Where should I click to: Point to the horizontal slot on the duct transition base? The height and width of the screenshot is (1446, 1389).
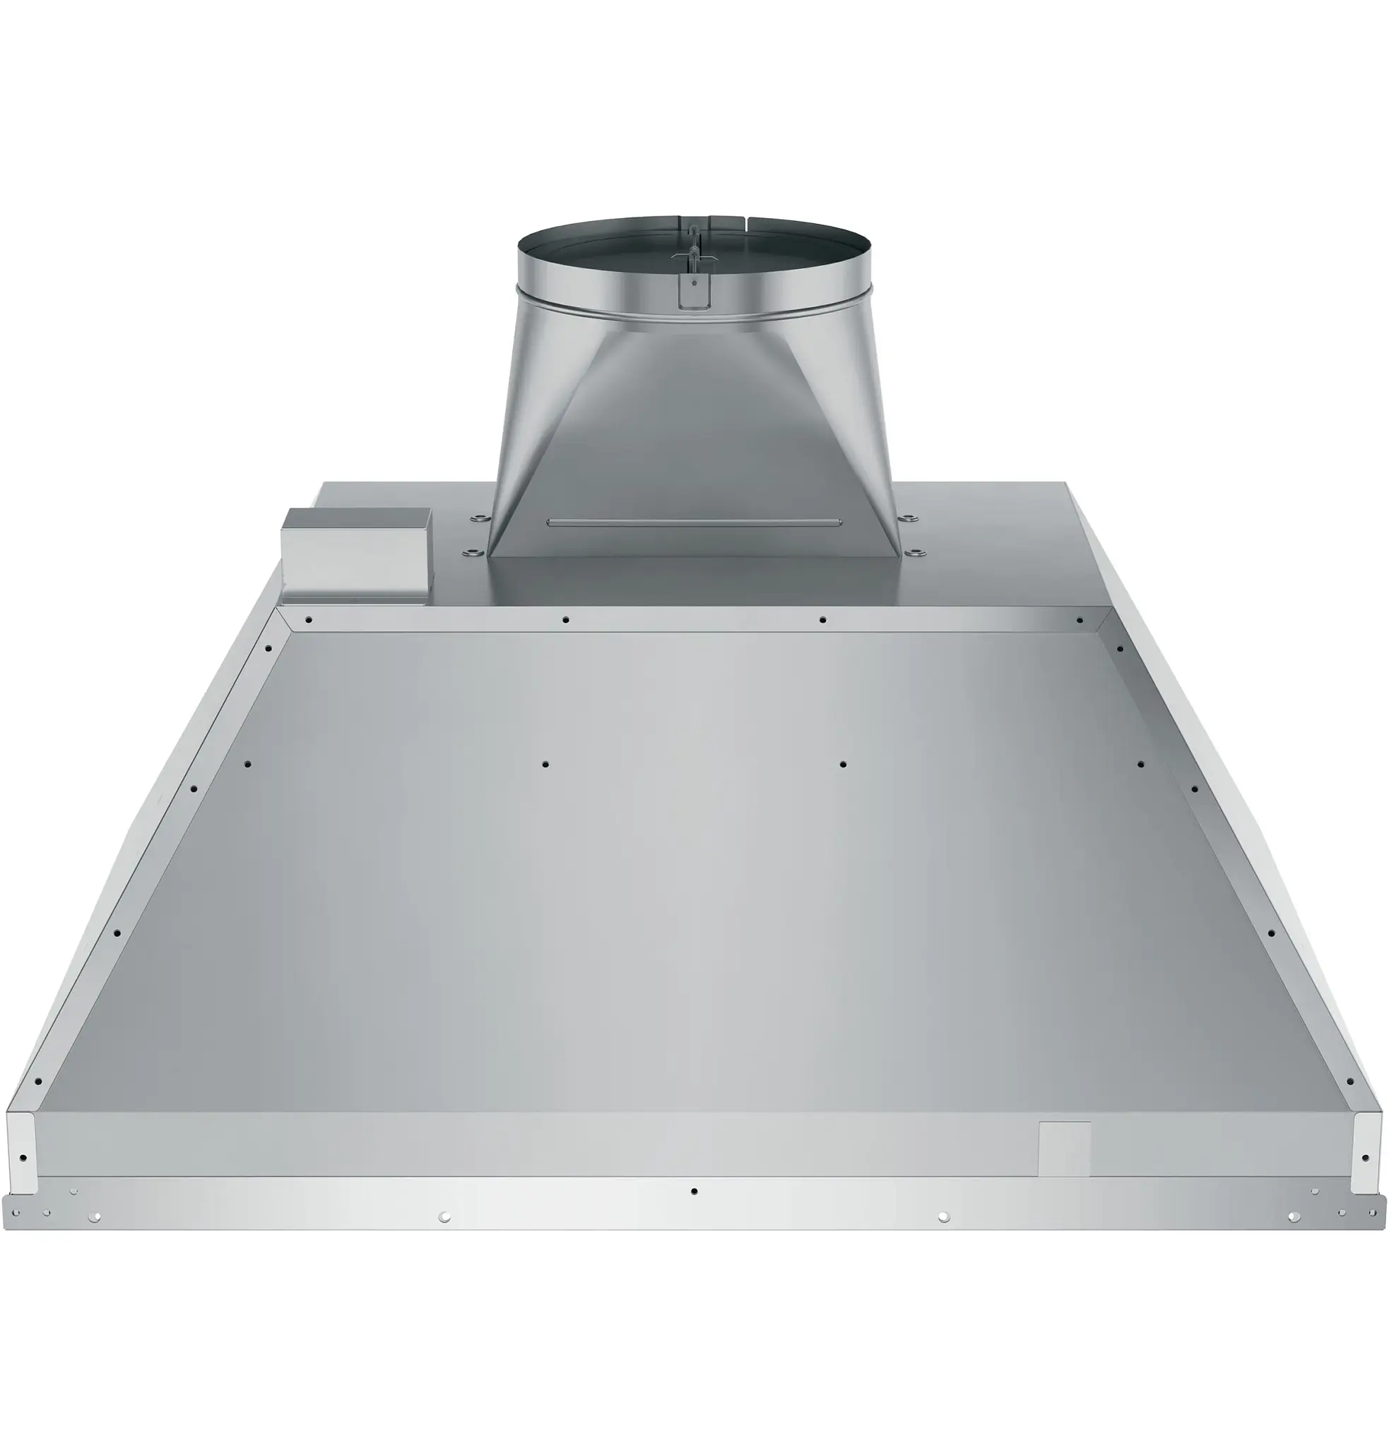click(x=693, y=522)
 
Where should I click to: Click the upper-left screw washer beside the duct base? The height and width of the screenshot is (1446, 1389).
click(x=478, y=517)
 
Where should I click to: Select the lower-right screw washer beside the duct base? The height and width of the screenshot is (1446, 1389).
click(x=914, y=552)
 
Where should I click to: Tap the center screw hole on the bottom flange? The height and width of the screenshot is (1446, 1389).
click(x=694, y=1190)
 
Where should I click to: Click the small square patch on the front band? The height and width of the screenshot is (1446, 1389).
click(x=1063, y=1149)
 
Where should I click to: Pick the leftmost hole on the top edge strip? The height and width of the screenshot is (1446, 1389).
click(x=309, y=620)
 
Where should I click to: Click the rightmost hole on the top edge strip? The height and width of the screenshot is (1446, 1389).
click(x=1079, y=621)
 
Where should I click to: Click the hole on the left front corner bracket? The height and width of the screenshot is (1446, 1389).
click(x=23, y=1157)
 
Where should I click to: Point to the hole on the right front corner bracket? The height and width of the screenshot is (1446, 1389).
click(x=1365, y=1157)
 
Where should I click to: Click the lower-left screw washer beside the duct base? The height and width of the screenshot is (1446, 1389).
click(x=471, y=552)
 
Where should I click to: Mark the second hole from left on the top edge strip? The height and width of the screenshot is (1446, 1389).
click(x=565, y=620)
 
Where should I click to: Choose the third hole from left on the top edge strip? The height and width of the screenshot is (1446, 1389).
click(x=822, y=620)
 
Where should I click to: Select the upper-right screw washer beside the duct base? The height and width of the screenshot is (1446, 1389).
click(x=907, y=517)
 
